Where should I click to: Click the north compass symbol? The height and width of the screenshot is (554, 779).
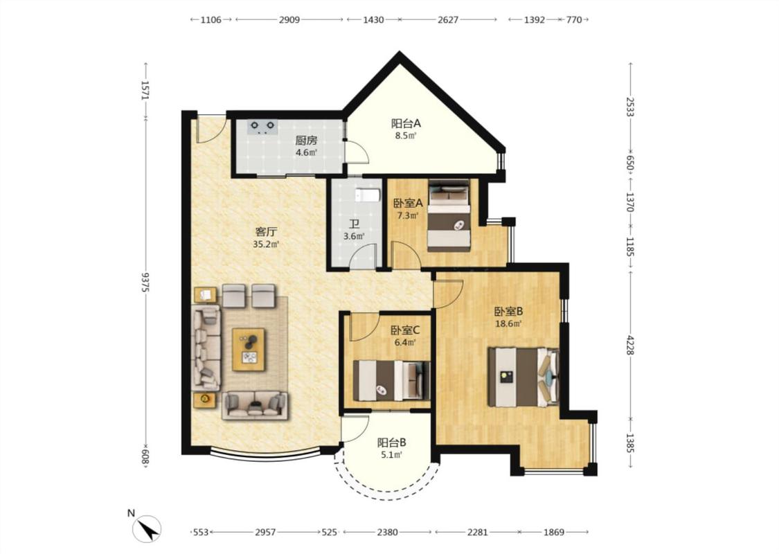[147, 529]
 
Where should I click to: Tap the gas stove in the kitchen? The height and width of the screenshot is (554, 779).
[262, 127]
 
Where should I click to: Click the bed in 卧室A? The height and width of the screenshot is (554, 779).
[449, 215]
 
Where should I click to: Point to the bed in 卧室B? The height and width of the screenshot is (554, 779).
[523, 377]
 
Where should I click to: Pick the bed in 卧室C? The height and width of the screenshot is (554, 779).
[391, 380]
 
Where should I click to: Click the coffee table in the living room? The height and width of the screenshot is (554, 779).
[249, 349]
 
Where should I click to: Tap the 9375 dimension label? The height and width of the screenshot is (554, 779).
[145, 282]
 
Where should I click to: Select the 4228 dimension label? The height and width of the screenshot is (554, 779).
[630, 345]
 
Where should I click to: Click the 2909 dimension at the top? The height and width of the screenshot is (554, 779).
[289, 20]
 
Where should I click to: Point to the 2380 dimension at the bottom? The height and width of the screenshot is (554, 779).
[387, 532]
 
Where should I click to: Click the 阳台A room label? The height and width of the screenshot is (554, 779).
[405, 123]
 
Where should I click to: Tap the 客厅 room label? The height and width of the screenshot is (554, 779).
[266, 231]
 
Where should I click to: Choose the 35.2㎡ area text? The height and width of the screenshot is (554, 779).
[266, 244]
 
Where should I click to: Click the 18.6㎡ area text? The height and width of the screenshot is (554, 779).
[508, 324]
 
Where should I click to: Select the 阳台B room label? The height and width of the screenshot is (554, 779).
[391, 442]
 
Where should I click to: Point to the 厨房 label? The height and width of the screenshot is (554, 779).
[306, 141]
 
